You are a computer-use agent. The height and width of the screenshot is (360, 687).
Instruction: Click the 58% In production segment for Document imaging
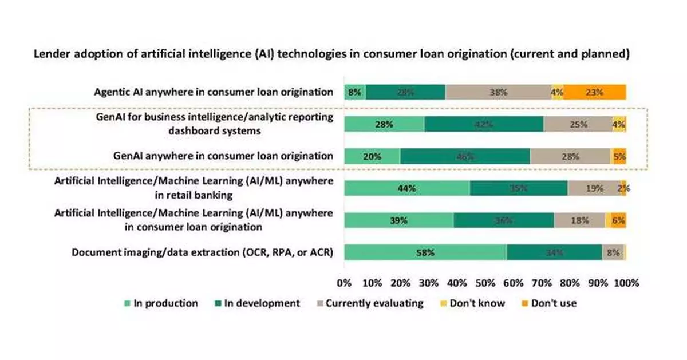tap(425, 252)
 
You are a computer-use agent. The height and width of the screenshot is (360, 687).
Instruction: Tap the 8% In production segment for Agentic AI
tap(355, 92)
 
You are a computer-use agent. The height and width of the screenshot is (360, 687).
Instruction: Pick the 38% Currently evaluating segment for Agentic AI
tap(498, 92)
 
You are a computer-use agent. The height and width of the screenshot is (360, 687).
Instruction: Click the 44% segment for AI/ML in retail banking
tap(406, 188)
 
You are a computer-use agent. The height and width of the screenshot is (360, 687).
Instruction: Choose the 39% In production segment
tap(398, 220)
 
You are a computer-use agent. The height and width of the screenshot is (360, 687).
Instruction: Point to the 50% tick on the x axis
tap(485, 283)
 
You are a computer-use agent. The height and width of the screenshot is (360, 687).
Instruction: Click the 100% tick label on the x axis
tap(626, 283)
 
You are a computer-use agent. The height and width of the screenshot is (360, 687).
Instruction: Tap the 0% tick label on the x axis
tap(344, 283)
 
